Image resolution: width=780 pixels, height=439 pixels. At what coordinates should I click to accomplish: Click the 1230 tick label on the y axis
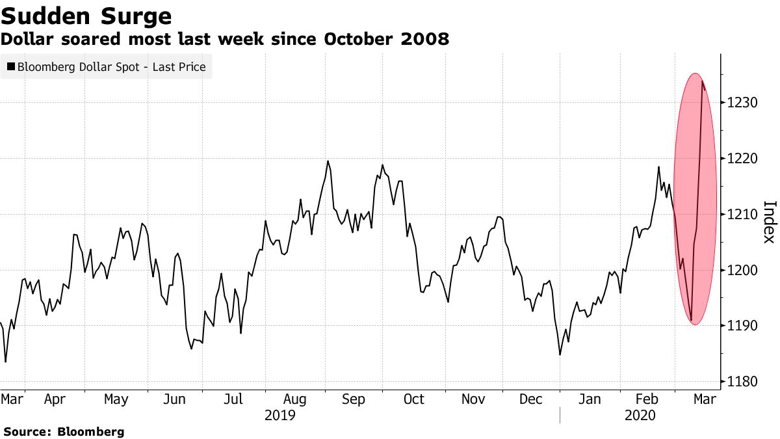coord(742,103)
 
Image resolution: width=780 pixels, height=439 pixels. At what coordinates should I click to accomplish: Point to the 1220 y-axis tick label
coord(742,159)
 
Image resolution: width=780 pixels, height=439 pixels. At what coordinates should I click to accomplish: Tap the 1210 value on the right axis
coord(742,215)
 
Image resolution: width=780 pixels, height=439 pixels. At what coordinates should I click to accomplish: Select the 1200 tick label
coord(742,270)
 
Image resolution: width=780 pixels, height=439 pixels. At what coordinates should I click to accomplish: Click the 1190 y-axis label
coord(742,326)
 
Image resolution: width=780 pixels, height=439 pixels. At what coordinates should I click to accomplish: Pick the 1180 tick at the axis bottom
coord(742,381)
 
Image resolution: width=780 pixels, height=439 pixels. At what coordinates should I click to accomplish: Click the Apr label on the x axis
coord(55,399)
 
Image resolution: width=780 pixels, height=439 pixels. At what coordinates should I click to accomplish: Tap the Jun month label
coord(174,399)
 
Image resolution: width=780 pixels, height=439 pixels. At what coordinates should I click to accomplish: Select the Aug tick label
coord(295,399)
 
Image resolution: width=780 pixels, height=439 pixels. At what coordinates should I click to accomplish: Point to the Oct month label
coord(413,399)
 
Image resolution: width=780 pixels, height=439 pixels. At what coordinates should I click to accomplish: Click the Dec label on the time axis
coord(530,399)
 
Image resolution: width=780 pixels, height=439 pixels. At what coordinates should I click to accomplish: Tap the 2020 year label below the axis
coord(640,415)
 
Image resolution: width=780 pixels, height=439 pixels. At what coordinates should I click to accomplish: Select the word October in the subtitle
coord(357,39)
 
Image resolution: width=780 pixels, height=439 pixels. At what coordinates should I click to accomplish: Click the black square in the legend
coord(11,66)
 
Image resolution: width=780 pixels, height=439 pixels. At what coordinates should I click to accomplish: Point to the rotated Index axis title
coord(769,221)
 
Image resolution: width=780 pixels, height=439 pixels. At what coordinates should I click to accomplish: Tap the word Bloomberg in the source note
coord(91,431)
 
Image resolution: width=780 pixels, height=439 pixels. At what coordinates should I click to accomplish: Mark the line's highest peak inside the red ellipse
coord(703,81)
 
